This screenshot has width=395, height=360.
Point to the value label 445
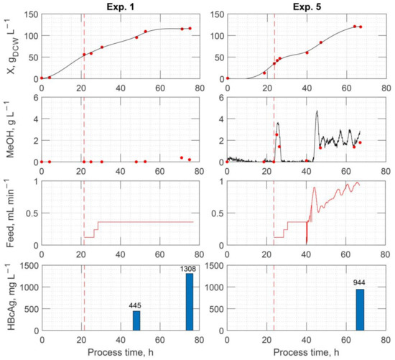point(135,305)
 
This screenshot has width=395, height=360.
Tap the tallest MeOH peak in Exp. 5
point(317,111)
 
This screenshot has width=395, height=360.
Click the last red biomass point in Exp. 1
point(190,29)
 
